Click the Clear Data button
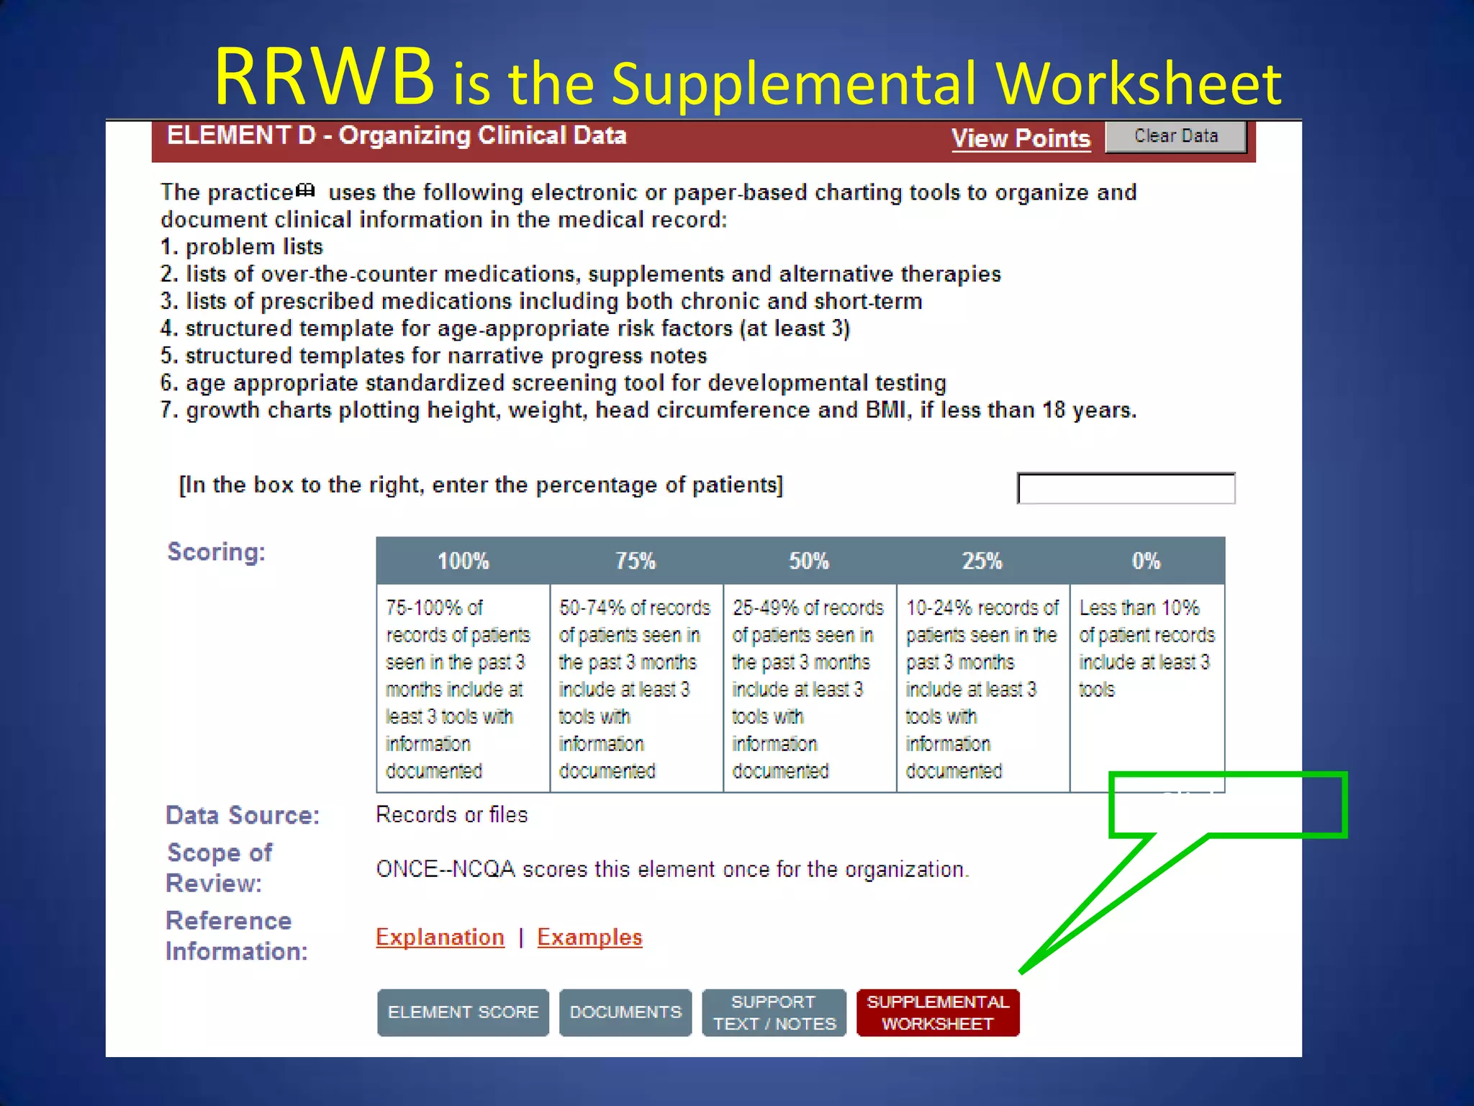pos(1175,136)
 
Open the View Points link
pos(1021,138)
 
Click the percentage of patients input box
pos(1126,488)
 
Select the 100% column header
pos(463,561)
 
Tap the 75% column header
pos(636,561)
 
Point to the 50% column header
pos(809,561)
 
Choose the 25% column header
pos(982,561)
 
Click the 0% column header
pos(1146,561)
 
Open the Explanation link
pos(440,937)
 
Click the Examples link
pos(589,937)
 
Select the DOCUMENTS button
pos(625,1012)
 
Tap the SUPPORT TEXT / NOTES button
pos(774,1012)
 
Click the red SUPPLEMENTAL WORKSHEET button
pos(938,1012)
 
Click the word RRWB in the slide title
pos(324,78)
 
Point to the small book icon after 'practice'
pos(306,190)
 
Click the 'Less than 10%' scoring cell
pos(1147,648)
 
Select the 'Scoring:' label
pos(216,552)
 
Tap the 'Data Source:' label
pos(243,815)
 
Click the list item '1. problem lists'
pos(242,247)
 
